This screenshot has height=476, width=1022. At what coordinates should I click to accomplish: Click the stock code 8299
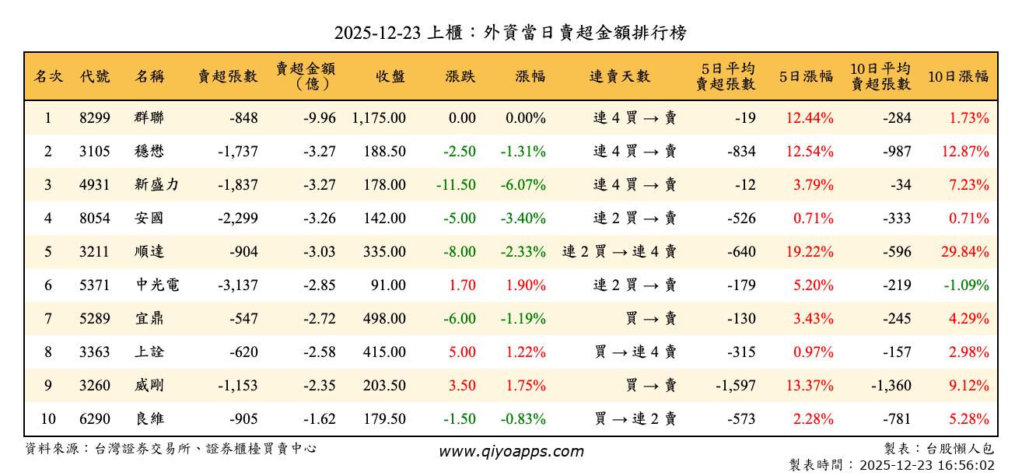tap(95, 118)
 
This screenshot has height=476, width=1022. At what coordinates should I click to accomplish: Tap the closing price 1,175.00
tap(379, 118)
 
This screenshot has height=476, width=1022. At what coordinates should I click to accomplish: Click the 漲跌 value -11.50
tap(456, 185)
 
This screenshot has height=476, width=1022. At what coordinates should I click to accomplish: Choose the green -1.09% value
tap(966, 285)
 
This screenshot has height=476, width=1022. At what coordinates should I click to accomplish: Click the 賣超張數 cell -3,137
tap(238, 285)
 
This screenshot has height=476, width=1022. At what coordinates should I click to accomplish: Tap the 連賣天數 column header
tap(620, 76)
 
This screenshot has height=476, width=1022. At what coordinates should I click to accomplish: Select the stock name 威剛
tap(149, 386)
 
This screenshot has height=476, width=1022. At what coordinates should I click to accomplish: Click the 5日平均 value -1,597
tap(733, 386)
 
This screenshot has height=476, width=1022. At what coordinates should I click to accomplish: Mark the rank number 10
tap(48, 419)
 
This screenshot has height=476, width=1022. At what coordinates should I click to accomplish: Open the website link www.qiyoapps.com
tap(511, 451)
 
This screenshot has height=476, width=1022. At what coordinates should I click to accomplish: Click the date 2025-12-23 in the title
tap(379, 33)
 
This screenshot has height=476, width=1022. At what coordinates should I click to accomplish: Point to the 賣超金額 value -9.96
tap(320, 118)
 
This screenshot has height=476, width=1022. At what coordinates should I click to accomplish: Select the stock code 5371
tap(95, 285)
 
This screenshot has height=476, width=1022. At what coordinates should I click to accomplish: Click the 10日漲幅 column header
tap(958, 76)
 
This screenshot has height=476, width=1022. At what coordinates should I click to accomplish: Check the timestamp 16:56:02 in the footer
tap(967, 465)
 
